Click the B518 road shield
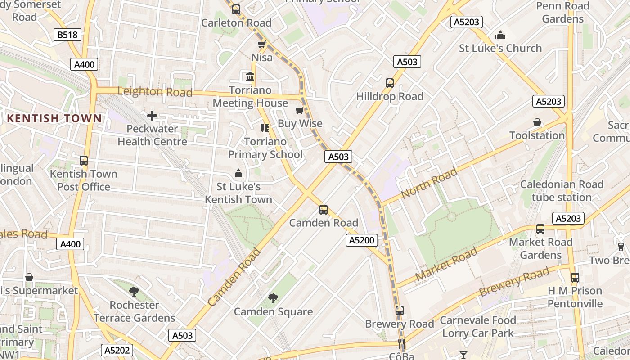(67, 35)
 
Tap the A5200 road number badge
(362, 240)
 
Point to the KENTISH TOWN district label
(54, 118)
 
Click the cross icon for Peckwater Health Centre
(152, 116)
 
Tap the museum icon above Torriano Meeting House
(250, 76)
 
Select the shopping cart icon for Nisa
(261, 44)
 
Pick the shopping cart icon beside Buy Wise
(300, 110)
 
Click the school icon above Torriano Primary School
(265, 128)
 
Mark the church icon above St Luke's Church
(500, 35)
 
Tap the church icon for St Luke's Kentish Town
(238, 173)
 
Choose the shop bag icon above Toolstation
(537, 122)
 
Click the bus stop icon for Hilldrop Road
(390, 83)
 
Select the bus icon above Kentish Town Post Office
(83, 161)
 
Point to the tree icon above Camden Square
(273, 298)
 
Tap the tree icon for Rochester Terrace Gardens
(134, 291)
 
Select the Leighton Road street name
(155, 92)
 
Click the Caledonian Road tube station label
(562, 191)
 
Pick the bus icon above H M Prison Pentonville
(575, 278)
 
